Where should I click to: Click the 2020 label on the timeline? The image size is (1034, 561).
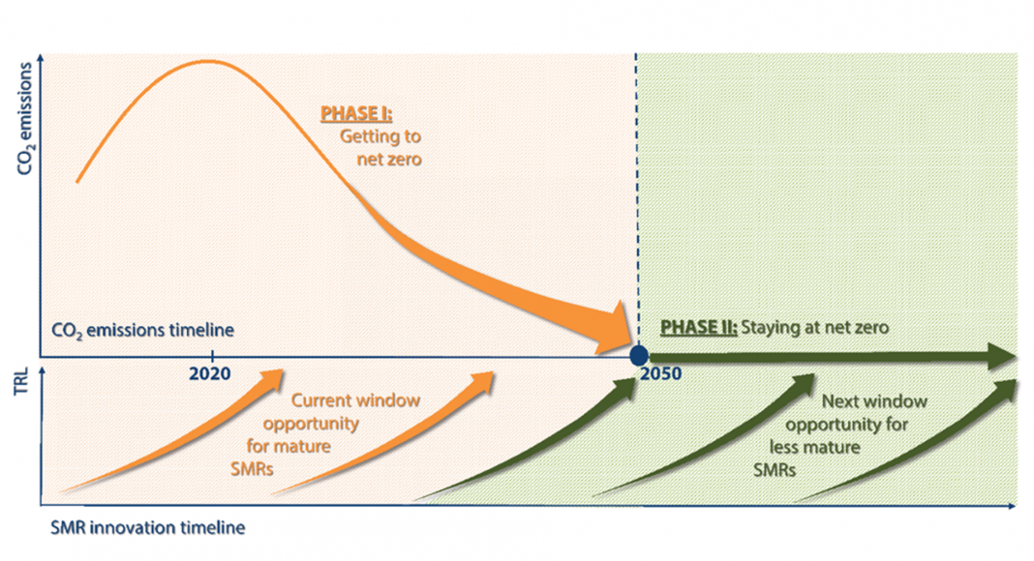coord(210,374)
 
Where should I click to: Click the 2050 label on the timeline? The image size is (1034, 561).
coord(660,374)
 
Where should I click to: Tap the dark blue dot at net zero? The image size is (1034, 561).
coord(638,356)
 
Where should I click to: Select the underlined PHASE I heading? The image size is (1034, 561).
coord(356,114)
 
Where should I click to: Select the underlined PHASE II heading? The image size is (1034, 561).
coord(698,327)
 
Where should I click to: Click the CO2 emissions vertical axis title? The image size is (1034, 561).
coord(25,119)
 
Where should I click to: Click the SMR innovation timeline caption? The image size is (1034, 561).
coord(148,527)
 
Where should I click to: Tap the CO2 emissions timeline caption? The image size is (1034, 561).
coord(142,330)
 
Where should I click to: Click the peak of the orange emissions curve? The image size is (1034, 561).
coord(208,61)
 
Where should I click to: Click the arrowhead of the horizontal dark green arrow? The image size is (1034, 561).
coord(1001,356)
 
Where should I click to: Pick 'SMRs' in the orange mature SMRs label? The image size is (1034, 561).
coord(252,469)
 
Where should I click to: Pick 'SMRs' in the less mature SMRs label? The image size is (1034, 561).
coord(775,470)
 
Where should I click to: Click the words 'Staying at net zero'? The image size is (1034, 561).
coord(814,327)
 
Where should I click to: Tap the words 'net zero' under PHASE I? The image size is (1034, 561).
coord(389,160)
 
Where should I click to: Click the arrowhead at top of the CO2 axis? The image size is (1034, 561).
coord(42,58)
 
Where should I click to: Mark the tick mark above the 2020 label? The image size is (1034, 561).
coord(212,354)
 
